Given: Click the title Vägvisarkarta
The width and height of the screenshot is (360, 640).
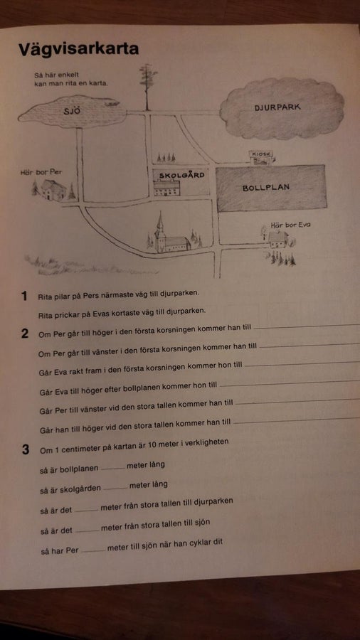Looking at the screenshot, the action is pyautogui.click(x=79, y=49).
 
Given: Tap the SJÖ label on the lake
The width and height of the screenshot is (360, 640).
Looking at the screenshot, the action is pyautogui.click(x=73, y=111).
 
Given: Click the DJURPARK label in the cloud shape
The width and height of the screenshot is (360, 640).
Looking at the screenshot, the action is pyautogui.click(x=277, y=107).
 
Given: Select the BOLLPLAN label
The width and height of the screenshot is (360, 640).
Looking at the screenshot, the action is pyautogui.click(x=265, y=188).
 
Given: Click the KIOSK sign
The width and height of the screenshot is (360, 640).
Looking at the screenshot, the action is pyautogui.click(x=261, y=154).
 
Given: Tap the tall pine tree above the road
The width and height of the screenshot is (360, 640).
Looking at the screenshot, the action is pyautogui.click(x=147, y=87).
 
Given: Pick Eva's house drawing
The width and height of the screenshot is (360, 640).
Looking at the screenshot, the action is pyautogui.click(x=277, y=240).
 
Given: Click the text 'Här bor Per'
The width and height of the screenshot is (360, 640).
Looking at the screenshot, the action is pyautogui.click(x=41, y=173).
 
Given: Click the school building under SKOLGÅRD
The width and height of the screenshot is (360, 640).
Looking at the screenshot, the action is pyautogui.click(x=166, y=188).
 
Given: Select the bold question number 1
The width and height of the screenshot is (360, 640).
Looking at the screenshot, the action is pyautogui.click(x=24, y=297).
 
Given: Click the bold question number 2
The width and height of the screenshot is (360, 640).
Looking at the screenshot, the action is pyautogui.click(x=25, y=334).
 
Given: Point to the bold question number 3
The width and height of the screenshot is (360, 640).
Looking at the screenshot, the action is pyautogui.click(x=26, y=450).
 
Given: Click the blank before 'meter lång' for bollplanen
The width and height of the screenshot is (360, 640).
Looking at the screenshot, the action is pyautogui.click(x=112, y=468).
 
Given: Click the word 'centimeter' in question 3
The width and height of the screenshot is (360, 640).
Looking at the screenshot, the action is pyautogui.click(x=78, y=448).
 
